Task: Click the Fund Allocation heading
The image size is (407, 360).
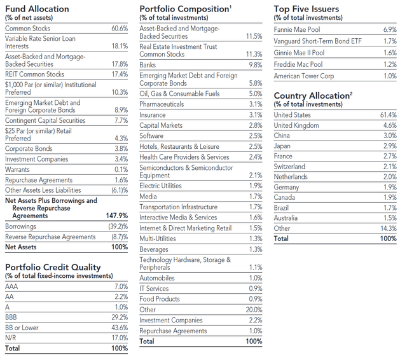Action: [38, 9]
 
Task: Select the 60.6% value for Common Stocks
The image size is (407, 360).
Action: [120, 29]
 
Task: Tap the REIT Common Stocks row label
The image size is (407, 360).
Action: [34, 74]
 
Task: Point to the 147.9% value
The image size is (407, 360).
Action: [117, 216]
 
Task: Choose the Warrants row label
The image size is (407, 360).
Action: [18, 170]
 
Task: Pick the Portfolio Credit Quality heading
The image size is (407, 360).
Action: [53, 267]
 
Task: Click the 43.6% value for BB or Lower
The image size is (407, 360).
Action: [120, 328]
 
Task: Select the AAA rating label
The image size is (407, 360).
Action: [12, 287]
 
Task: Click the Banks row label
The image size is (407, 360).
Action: [148, 65]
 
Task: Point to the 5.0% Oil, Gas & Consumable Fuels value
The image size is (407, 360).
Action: [254, 94]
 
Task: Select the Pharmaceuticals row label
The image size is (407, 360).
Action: [162, 104]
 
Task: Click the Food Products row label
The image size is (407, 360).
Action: [160, 299]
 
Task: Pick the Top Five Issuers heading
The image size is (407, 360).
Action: [307, 9]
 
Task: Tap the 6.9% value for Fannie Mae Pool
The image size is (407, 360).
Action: [389, 30]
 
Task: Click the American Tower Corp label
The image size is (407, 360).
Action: [304, 76]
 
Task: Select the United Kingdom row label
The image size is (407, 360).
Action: [297, 125]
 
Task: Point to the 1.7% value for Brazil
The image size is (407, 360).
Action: [389, 207]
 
